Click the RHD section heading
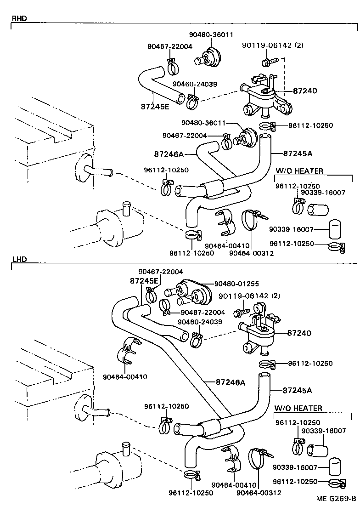[19, 19]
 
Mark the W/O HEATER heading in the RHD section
[299, 171]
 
